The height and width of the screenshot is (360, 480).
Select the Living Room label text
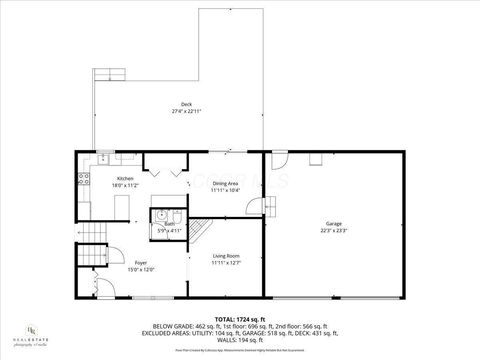tap(227, 257)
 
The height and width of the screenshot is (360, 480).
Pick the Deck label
tap(186, 104)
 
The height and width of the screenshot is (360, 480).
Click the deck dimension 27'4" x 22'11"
tap(186, 111)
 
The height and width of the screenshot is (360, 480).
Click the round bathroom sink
tap(160, 215)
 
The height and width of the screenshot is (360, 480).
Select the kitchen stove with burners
tap(81, 180)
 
